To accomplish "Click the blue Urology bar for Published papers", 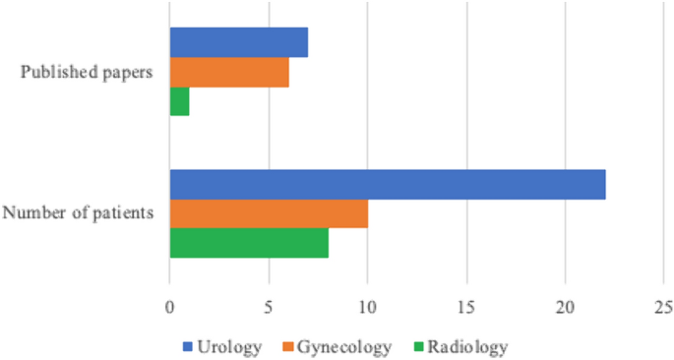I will [x=238, y=42].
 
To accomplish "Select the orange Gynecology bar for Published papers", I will [x=229, y=72].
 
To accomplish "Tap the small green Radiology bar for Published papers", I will [x=179, y=101].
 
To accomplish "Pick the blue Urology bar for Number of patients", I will [x=388, y=184].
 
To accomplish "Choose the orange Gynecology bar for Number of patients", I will [x=269, y=213].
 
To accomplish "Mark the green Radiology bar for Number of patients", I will [x=249, y=243].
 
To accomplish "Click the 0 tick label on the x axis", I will [x=169, y=306].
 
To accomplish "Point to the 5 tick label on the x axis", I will [x=269, y=306].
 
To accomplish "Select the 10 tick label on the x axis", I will [x=367, y=306].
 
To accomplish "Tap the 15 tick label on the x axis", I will [x=466, y=306].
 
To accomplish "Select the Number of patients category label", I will [x=78, y=213].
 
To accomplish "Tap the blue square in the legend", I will [x=189, y=346].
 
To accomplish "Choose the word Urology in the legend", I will [x=228, y=346].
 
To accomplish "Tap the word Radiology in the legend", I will [x=467, y=346].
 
